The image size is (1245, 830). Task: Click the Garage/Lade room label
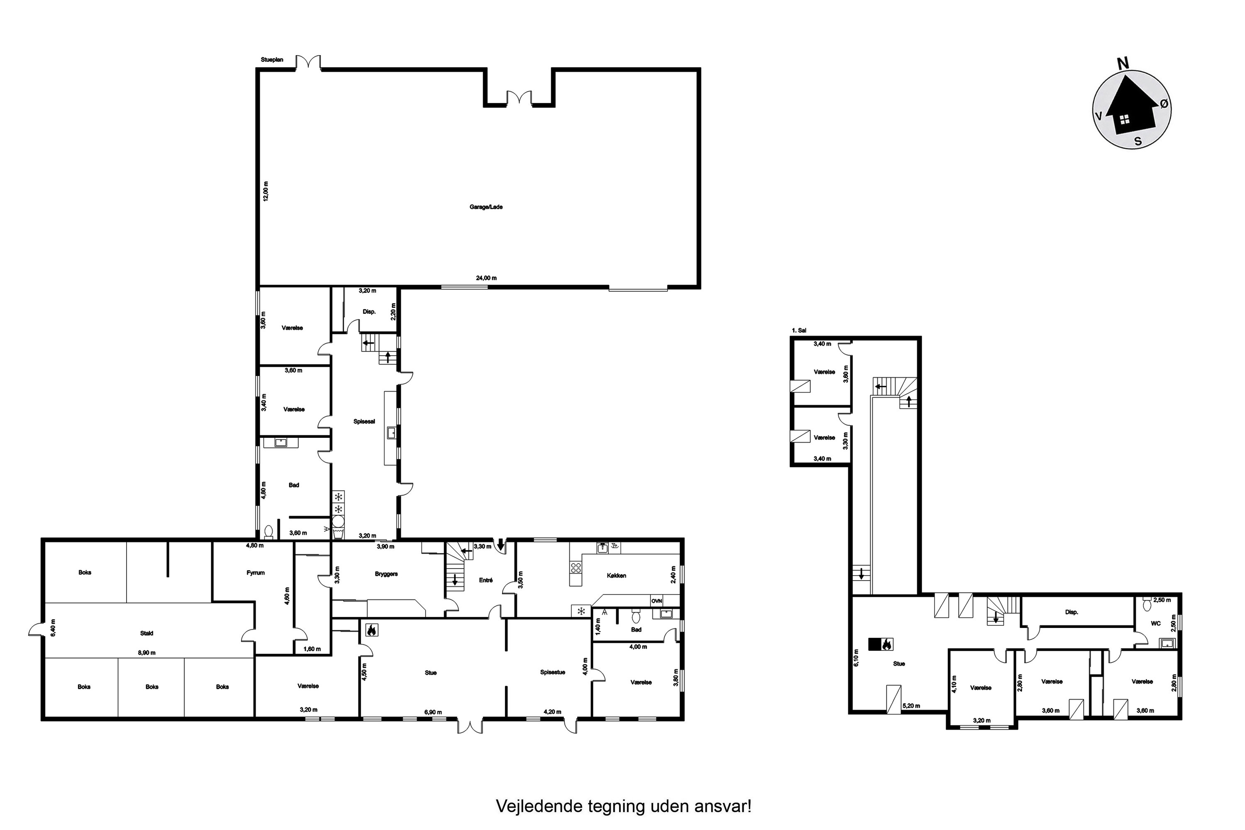click(x=486, y=207)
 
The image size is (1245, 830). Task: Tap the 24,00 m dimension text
click(x=486, y=278)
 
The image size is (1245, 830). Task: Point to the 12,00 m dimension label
click(x=266, y=191)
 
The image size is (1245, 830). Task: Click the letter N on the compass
click(x=1122, y=63)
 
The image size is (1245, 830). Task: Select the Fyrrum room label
click(x=256, y=572)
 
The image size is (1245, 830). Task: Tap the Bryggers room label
click(x=386, y=574)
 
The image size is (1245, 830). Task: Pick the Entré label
click(x=486, y=580)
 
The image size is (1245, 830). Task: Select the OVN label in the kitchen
click(x=657, y=601)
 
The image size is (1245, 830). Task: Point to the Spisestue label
click(x=553, y=672)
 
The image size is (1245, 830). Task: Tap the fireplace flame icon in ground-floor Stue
click(x=371, y=630)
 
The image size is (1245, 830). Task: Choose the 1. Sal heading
click(x=799, y=330)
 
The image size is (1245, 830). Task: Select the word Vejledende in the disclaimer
click(x=540, y=806)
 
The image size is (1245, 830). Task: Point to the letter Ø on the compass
click(x=1164, y=104)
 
